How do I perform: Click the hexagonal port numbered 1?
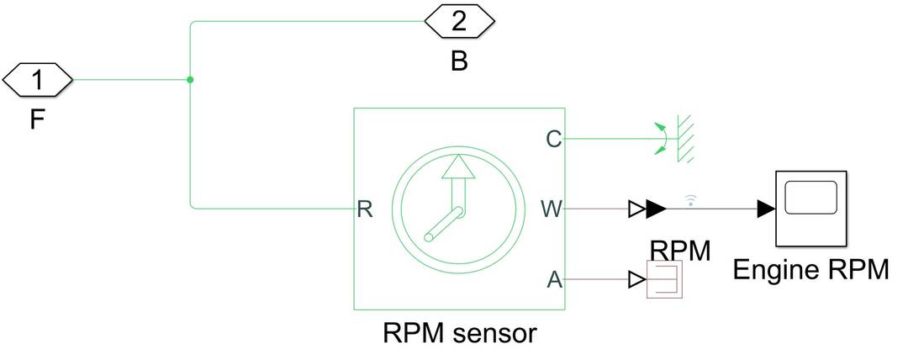[x=38, y=80]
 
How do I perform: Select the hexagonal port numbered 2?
[x=458, y=21]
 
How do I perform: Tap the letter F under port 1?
[x=37, y=119]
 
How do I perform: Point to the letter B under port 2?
[x=458, y=61]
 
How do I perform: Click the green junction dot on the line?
[x=190, y=80]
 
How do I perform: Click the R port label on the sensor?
[x=364, y=209]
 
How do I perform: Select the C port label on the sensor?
[x=553, y=140]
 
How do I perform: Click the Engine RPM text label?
[x=810, y=270]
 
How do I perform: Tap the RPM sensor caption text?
[x=459, y=333]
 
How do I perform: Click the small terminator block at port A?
[x=666, y=280]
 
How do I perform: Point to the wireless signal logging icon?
[x=691, y=199]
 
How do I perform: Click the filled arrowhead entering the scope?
[x=765, y=209]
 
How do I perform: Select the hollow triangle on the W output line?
[x=636, y=209]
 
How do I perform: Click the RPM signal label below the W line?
[x=680, y=250]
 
